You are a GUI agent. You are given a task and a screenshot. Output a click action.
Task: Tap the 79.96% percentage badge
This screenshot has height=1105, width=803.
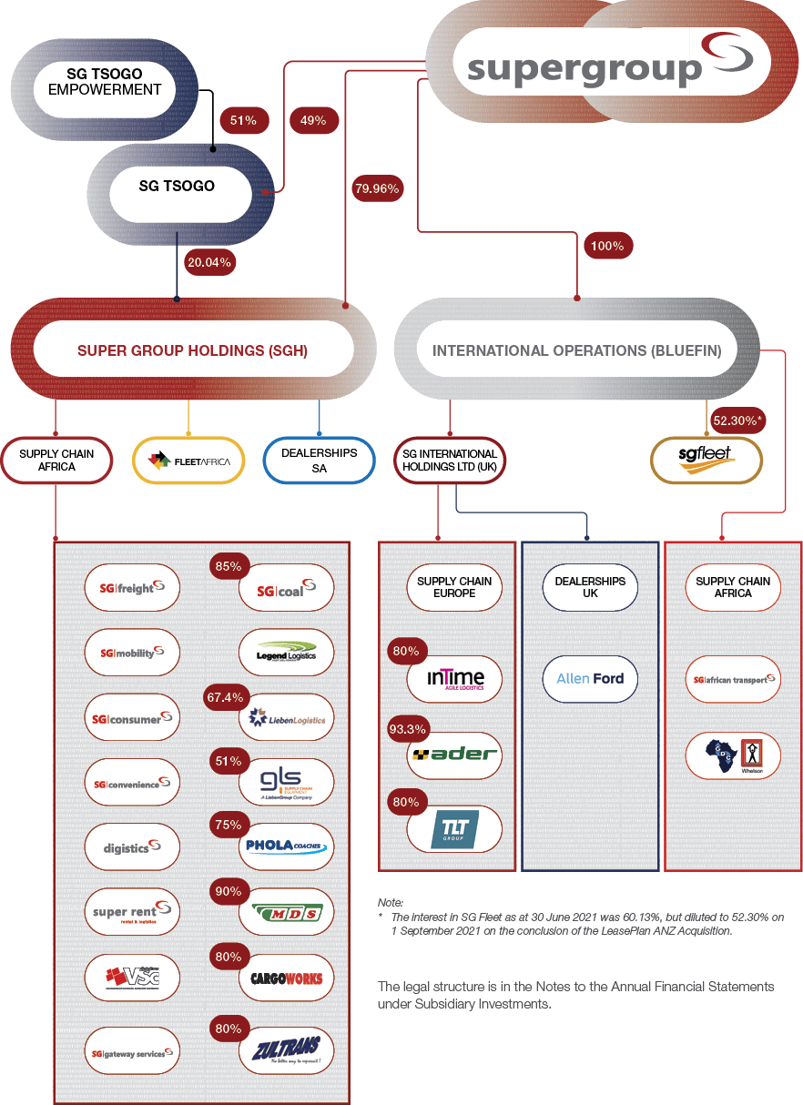point(376,189)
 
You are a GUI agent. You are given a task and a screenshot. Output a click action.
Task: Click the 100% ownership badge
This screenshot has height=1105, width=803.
point(606,246)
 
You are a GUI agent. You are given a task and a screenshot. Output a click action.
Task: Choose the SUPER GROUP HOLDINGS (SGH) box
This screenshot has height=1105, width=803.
point(192,350)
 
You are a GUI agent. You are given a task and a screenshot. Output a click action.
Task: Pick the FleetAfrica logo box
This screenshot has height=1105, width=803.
point(189,461)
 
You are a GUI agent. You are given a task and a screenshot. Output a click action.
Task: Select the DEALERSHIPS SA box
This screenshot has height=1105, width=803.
point(319,460)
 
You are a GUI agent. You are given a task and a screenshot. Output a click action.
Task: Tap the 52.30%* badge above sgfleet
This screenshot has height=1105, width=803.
point(737,421)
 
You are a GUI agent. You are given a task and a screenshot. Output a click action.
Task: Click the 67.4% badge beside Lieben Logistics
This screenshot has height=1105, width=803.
point(226,697)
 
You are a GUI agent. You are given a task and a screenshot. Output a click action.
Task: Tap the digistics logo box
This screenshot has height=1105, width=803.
point(132,847)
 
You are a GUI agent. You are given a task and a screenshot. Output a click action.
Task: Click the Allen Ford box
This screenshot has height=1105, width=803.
point(590,678)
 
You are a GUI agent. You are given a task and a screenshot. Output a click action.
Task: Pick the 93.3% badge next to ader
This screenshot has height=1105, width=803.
point(407,729)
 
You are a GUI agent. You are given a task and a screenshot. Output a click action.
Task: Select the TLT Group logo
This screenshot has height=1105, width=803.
point(454,828)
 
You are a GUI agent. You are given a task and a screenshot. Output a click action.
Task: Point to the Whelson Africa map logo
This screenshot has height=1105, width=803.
point(733,756)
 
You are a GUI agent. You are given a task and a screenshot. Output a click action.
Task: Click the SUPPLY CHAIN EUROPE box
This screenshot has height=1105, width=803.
point(454,587)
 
